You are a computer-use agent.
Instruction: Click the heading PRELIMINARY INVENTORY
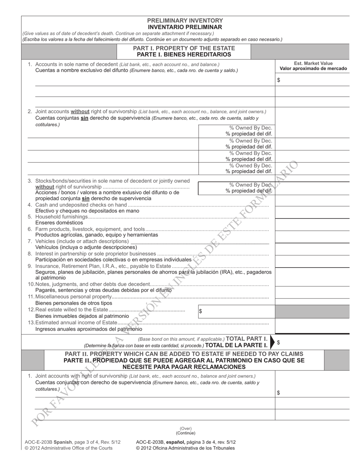tap(185, 20)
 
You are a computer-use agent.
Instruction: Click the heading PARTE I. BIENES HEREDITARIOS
tap(184, 55)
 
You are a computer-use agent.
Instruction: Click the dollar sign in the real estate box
tap(200, 311)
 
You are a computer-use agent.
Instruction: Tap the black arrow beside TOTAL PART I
tap(272, 342)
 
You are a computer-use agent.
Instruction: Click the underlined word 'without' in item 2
tap(80, 111)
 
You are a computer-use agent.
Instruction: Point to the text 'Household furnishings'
tap(61, 217)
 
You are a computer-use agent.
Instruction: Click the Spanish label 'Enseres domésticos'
tap(59, 223)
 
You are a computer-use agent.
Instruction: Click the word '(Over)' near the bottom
tap(186, 428)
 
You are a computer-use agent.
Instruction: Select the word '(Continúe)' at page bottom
tap(186, 433)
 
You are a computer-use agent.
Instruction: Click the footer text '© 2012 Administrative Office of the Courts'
tap(69, 448)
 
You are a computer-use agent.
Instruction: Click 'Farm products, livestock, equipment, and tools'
tap(90, 229)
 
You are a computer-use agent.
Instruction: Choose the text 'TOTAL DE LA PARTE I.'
tap(236, 346)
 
